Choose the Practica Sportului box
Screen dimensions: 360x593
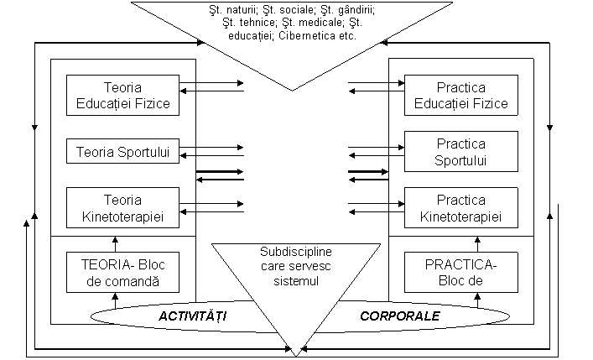click(x=460, y=151)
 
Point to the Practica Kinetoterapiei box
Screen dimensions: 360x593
click(x=460, y=207)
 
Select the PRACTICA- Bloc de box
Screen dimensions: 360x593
click(x=460, y=272)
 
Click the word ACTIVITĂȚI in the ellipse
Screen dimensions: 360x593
click(x=195, y=316)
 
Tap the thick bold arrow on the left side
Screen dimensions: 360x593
click(x=220, y=171)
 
